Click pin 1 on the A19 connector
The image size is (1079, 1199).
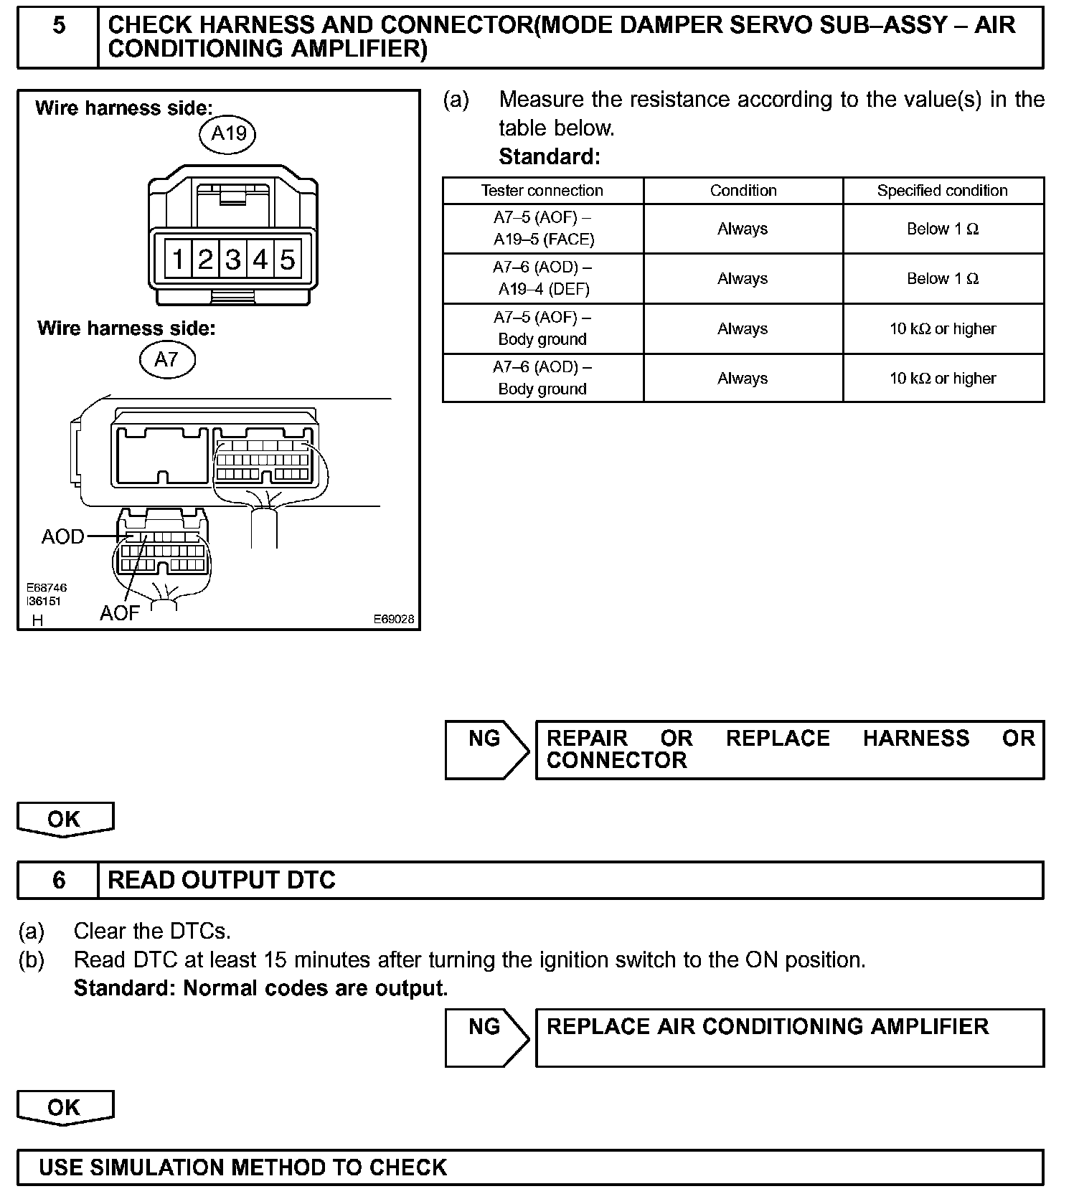[x=177, y=259]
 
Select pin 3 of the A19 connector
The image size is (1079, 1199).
[x=232, y=259]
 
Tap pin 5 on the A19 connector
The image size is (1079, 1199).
[x=288, y=259]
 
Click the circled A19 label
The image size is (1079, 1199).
[x=228, y=133]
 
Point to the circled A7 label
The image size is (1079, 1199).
[x=166, y=359]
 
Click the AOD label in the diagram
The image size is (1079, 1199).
[x=62, y=536]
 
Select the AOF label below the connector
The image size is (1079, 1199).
[x=119, y=613]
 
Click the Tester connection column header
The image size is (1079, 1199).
[x=542, y=191]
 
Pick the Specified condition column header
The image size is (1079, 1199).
[x=942, y=191]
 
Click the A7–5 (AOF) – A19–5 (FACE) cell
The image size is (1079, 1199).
[x=542, y=228]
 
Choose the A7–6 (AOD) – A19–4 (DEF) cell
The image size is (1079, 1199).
[x=542, y=278]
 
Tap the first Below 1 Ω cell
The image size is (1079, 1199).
[x=942, y=229]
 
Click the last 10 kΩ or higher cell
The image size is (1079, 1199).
[x=942, y=378]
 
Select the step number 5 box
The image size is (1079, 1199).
[x=59, y=26]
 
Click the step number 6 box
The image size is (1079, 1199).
[x=59, y=880]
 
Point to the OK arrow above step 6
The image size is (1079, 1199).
[x=65, y=820]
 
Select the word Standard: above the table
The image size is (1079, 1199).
[x=550, y=156]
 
